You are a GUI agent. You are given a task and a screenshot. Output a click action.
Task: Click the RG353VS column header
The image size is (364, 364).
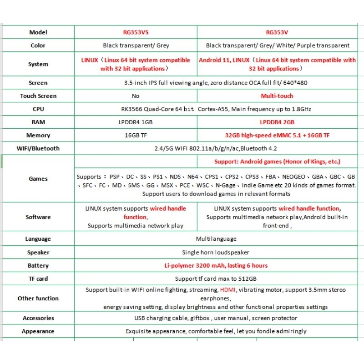(x=136, y=32)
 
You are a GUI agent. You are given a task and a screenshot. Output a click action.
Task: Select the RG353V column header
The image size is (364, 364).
(x=278, y=32)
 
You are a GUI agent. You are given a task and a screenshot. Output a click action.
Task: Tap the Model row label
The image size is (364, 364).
(x=38, y=32)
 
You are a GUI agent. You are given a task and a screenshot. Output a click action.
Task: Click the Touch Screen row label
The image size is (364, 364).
(x=38, y=96)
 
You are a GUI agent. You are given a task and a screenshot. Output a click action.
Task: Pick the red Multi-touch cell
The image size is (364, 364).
(x=277, y=96)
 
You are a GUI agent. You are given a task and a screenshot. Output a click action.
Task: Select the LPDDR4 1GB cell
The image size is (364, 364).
(x=136, y=122)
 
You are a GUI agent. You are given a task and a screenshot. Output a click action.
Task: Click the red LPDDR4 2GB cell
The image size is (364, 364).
(x=277, y=122)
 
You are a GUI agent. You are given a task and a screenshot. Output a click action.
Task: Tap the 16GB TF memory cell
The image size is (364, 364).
(x=136, y=136)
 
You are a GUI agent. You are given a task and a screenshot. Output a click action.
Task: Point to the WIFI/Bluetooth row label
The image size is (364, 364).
(x=38, y=148)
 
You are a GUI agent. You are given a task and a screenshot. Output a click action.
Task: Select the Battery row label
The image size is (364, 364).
(x=38, y=266)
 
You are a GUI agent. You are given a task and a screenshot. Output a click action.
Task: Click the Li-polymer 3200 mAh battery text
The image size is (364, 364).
(x=216, y=266)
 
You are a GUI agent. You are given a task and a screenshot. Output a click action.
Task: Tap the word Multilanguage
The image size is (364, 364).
(x=216, y=239)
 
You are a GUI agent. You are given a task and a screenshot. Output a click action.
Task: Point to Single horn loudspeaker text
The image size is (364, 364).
(x=216, y=253)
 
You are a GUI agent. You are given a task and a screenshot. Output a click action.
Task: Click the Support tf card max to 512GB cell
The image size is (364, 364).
(x=216, y=278)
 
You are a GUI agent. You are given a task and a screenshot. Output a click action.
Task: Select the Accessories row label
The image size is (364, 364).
(x=38, y=318)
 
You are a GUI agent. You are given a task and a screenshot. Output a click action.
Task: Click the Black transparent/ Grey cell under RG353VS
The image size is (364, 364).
(x=136, y=45)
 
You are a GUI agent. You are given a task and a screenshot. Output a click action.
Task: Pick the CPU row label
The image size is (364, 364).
(x=38, y=109)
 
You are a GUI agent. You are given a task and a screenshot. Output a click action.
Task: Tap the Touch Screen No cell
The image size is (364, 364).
(x=136, y=96)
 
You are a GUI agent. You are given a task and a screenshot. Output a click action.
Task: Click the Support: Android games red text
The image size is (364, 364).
(x=277, y=162)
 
